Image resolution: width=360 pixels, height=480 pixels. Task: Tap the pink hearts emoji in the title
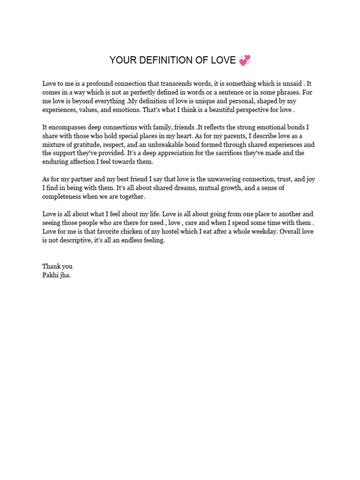coord(245,60)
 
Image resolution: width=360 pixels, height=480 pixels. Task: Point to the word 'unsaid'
coord(291,83)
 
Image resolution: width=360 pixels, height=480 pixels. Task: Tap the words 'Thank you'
coord(57,266)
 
